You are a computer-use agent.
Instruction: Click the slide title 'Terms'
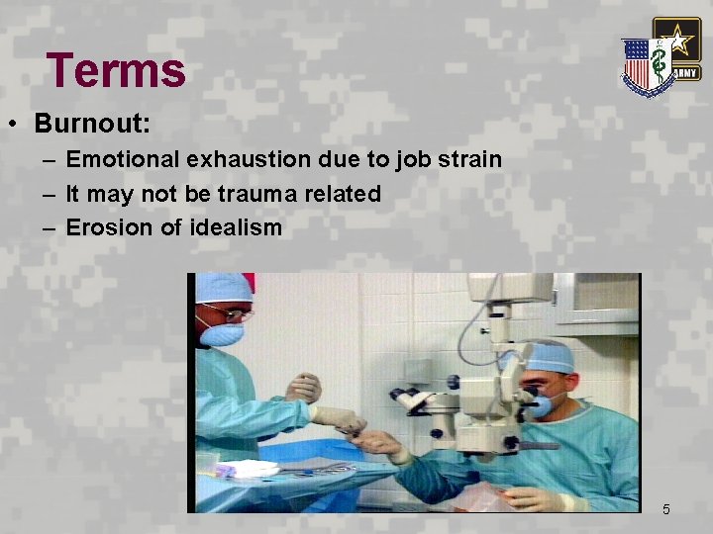tap(116, 70)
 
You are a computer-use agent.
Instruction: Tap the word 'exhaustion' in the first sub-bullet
tap(244, 159)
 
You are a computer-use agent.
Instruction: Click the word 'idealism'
tap(236, 227)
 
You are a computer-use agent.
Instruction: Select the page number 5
tap(665, 509)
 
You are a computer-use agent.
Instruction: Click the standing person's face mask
tap(221, 334)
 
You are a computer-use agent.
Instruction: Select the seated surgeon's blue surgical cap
tap(551, 356)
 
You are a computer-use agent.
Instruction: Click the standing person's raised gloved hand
tap(304, 386)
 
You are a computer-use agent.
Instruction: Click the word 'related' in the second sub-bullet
tap(344, 194)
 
